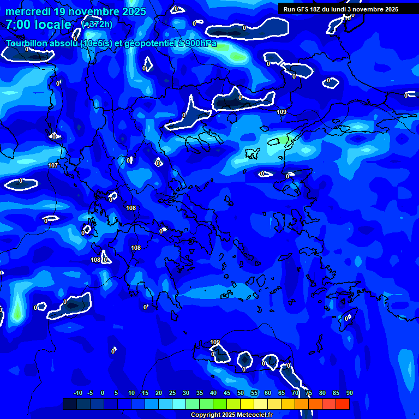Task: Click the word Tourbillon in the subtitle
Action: [x=30, y=44]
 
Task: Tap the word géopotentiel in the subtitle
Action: [x=148, y=44]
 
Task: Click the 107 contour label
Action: [x=53, y=165]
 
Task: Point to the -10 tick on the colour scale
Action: [x=77, y=393]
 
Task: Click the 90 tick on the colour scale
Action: [x=349, y=393]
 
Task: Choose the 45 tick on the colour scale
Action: [x=226, y=393]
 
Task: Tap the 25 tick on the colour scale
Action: [x=172, y=393]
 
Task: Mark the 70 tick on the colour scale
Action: [x=295, y=393]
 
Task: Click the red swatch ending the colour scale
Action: [x=342, y=404]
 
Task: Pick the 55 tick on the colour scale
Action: [x=254, y=393]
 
